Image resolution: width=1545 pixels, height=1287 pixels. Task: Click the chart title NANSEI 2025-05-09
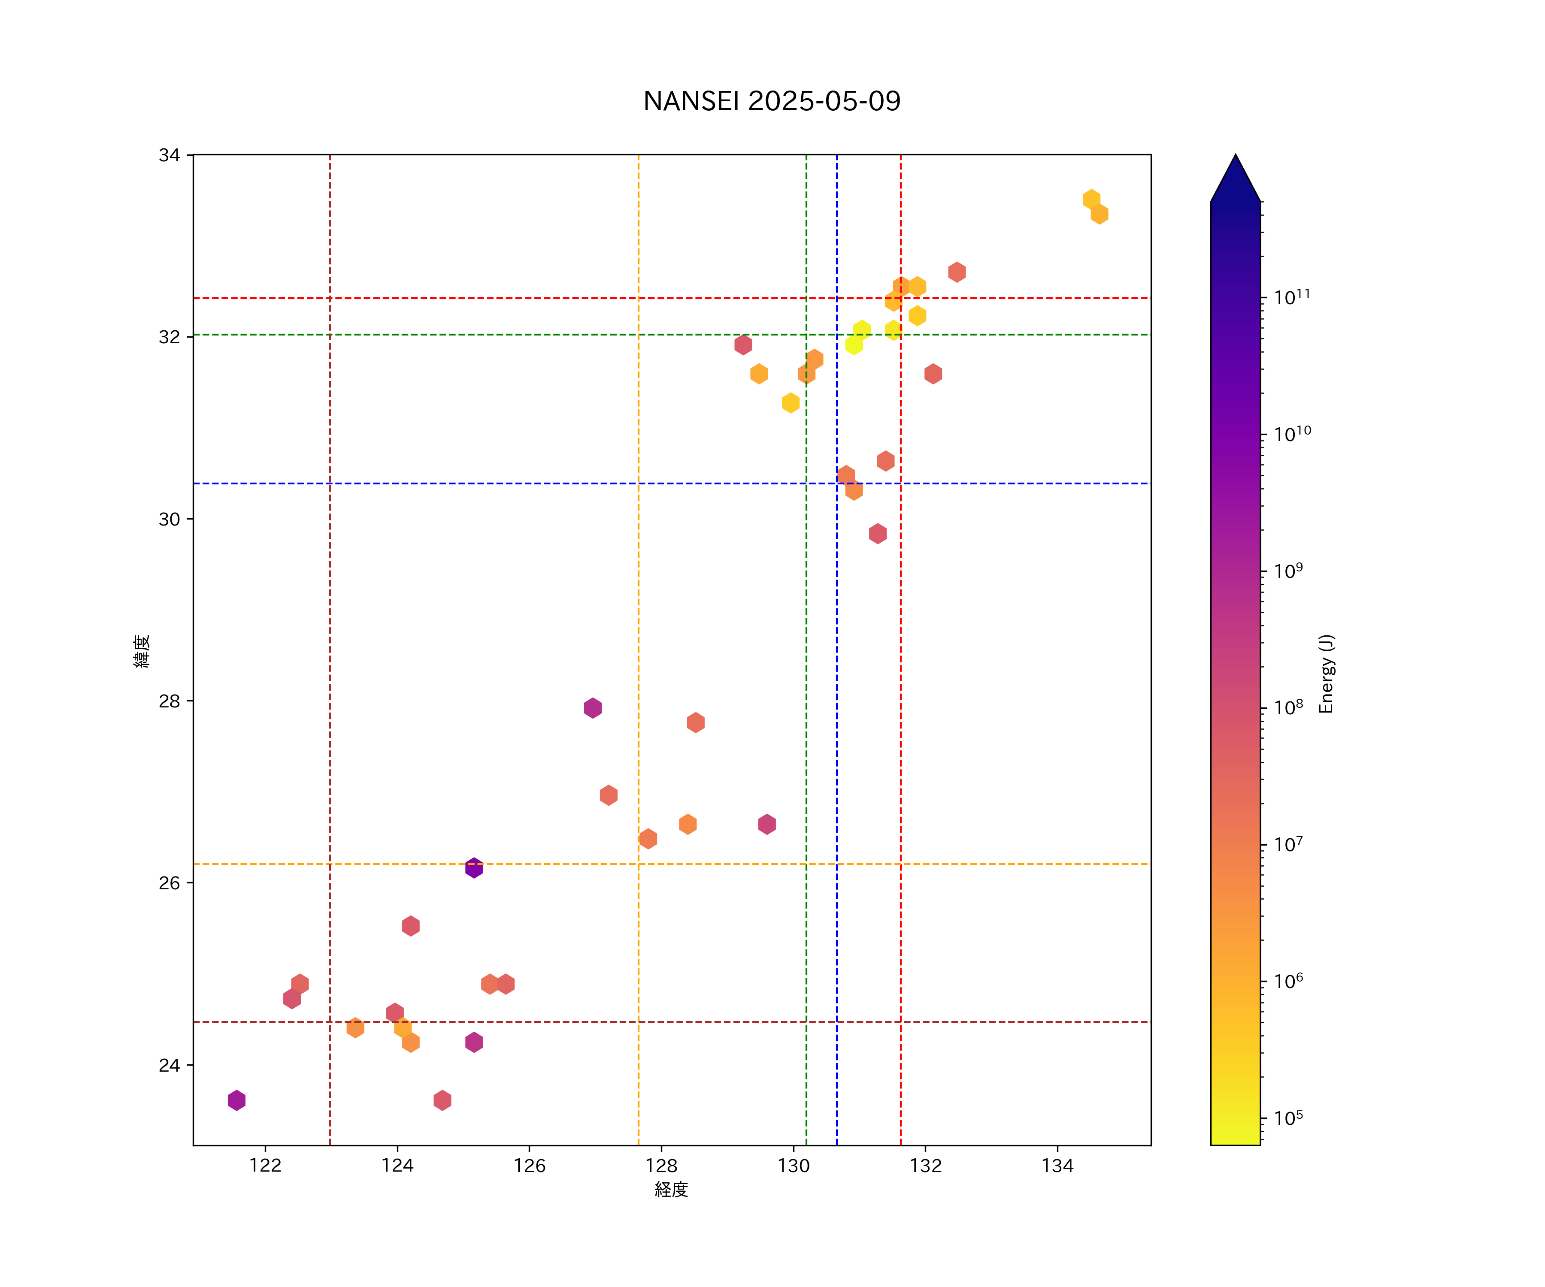[772, 102]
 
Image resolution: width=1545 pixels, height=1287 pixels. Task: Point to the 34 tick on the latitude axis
[169, 155]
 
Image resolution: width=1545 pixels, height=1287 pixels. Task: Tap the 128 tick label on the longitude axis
[661, 1166]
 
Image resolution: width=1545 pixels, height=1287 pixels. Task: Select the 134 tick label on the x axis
[1057, 1166]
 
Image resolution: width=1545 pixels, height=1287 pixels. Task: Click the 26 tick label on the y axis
[169, 883]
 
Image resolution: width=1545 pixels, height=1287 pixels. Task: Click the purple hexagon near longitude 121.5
[236, 1100]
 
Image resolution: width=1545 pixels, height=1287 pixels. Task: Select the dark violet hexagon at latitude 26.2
[474, 868]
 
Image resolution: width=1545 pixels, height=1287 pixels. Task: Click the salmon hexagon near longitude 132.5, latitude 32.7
[957, 272]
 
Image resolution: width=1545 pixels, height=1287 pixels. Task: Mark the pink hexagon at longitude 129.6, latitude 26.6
[766, 825]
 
